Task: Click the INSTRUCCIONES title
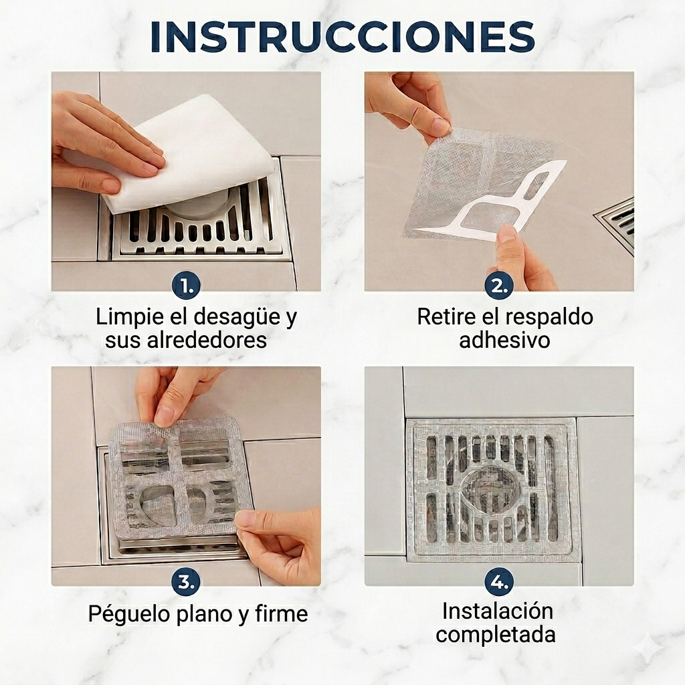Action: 342,37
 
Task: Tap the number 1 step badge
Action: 186,286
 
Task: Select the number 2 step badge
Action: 499,286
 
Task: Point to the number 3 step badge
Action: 186,581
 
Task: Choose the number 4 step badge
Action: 499,581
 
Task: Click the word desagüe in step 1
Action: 237,317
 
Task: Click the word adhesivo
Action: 504,340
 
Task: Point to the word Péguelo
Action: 129,614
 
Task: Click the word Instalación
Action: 498,611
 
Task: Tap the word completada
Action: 496,634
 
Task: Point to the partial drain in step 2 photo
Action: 616,225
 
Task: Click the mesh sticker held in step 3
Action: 180,476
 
